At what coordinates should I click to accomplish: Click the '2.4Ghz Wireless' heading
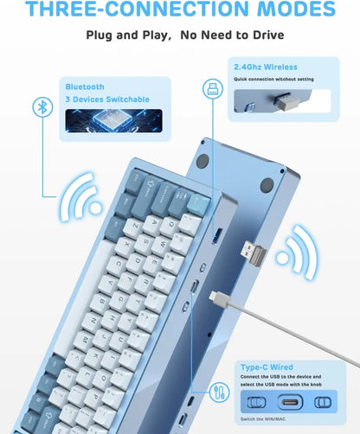tap(265, 67)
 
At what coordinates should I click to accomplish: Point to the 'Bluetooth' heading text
tap(85, 86)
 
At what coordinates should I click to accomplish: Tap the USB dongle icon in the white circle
tap(211, 89)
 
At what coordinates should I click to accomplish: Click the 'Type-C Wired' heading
tap(261, 367)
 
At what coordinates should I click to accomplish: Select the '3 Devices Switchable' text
tap(106, 99)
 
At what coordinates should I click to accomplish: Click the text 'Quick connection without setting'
tap(273, 79)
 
